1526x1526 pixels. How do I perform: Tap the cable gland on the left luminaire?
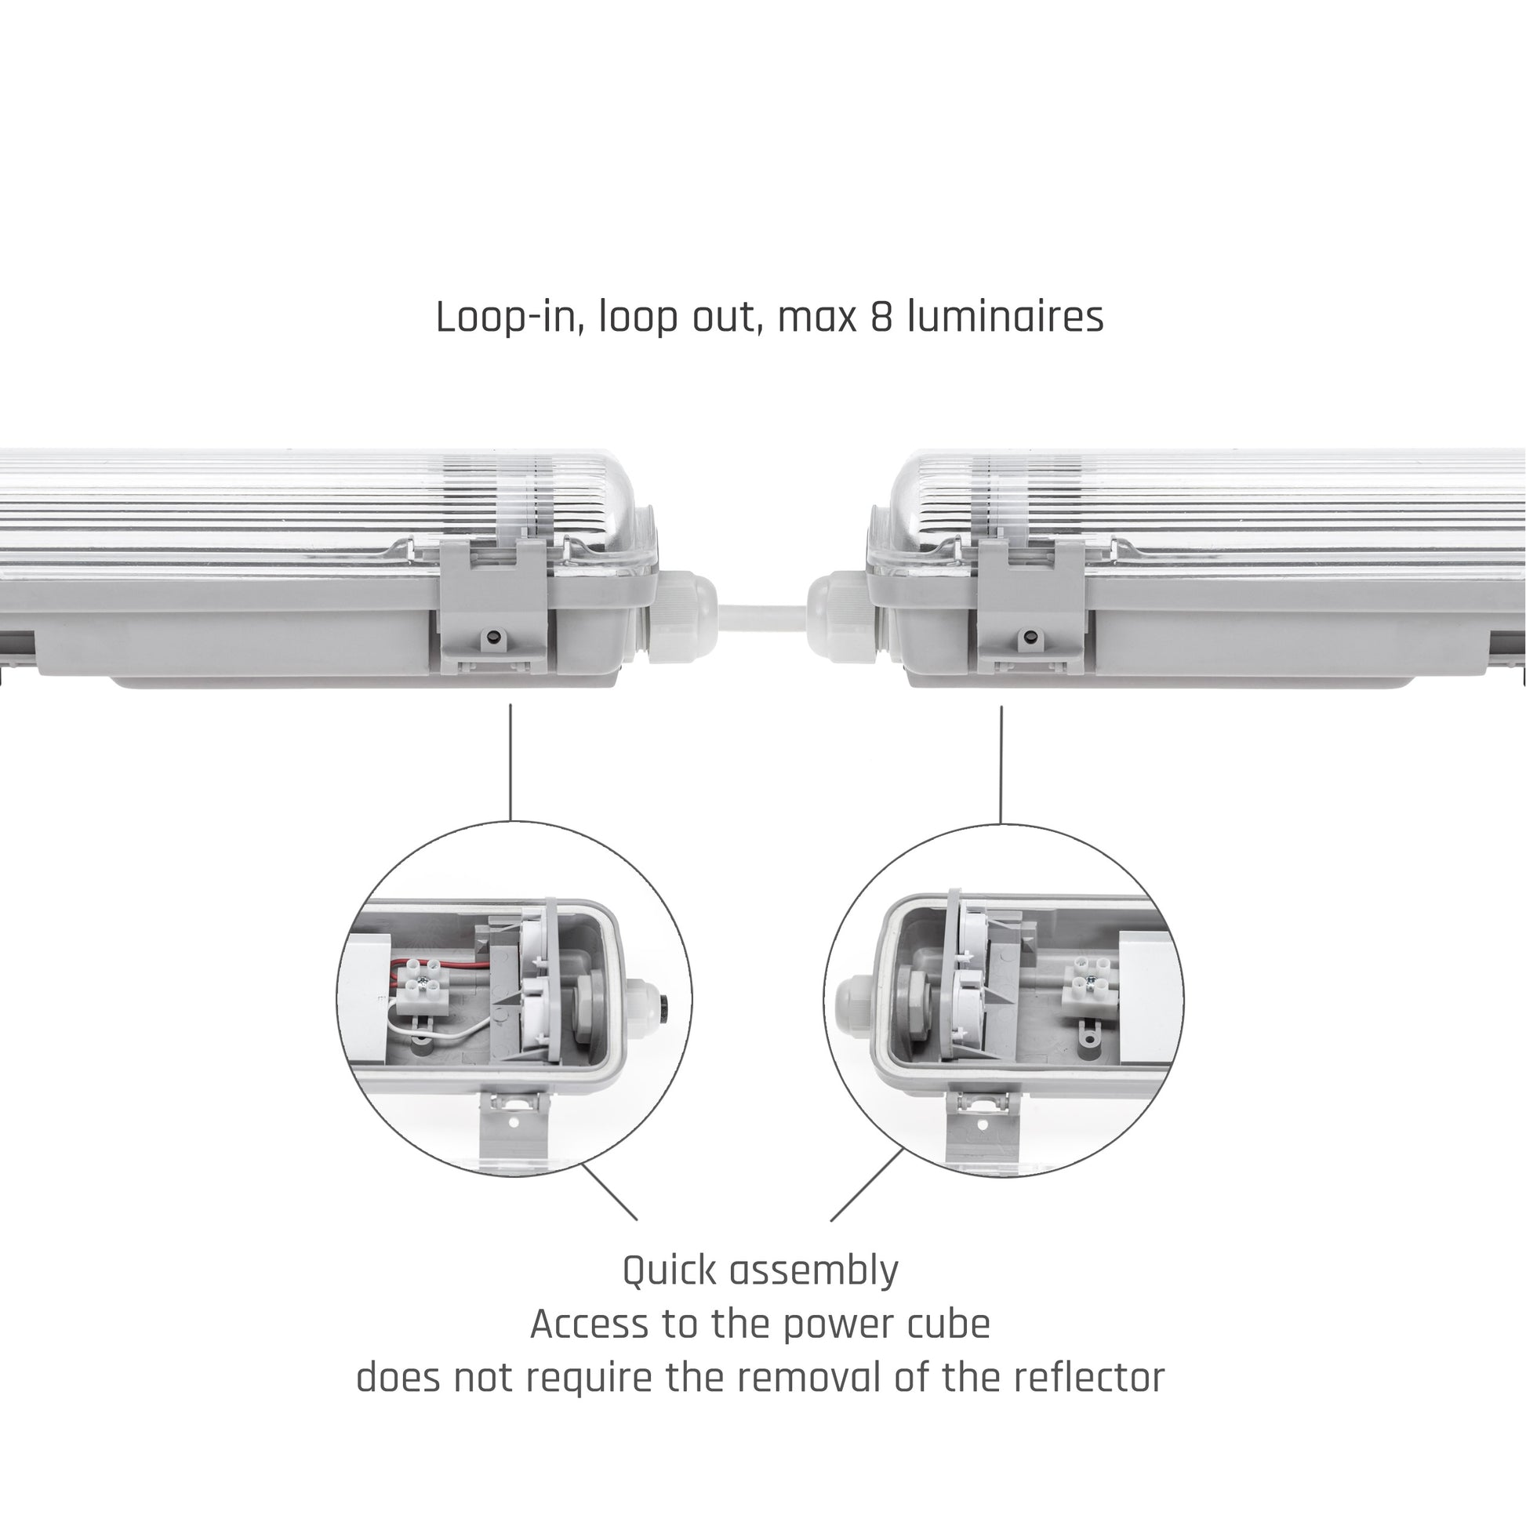pyautogui.click(x=681, y=615)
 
